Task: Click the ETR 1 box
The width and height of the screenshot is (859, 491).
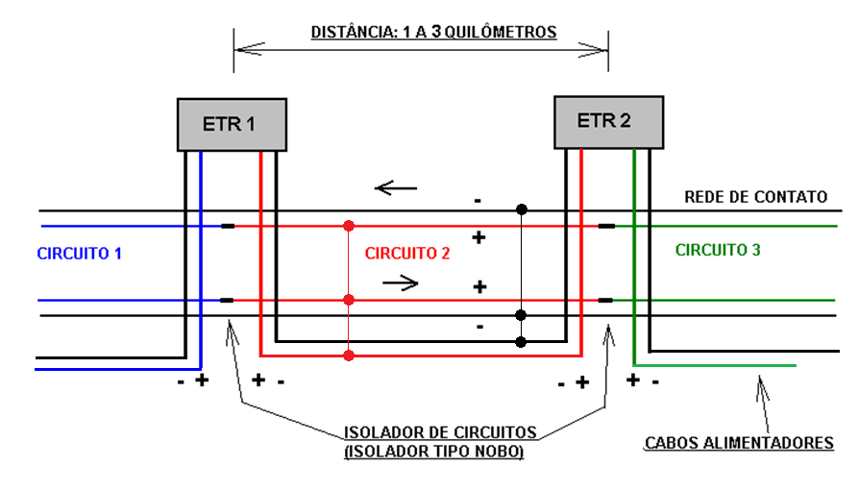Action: (233, 124)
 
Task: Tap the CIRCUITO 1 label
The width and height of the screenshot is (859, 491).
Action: (79, 254)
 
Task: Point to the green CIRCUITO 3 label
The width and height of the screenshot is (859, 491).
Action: (718, 250)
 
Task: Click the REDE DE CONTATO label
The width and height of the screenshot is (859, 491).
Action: (755, 197)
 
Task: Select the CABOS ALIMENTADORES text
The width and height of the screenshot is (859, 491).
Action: (739, 443)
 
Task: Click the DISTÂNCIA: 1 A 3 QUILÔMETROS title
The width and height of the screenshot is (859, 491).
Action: (433, 32)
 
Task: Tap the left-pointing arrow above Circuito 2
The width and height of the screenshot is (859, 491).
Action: (396, 187)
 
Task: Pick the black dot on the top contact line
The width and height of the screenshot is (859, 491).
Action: (521, 209)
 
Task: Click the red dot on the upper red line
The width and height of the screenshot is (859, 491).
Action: (349, 227)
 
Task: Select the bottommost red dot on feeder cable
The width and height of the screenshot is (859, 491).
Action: (349, 356)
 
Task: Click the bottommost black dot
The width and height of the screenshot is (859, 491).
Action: (521, 341)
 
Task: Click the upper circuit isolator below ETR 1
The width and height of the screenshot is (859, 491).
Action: (227, 227)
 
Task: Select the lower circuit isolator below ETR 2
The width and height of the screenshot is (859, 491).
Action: (606, 300)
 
